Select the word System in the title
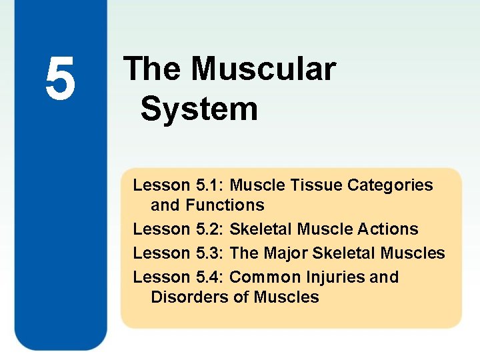click(199, 109)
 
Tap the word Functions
click(225, 205)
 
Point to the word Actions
click(389, 229)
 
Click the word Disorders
click(190, 297)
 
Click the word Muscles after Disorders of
click(285, 297)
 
